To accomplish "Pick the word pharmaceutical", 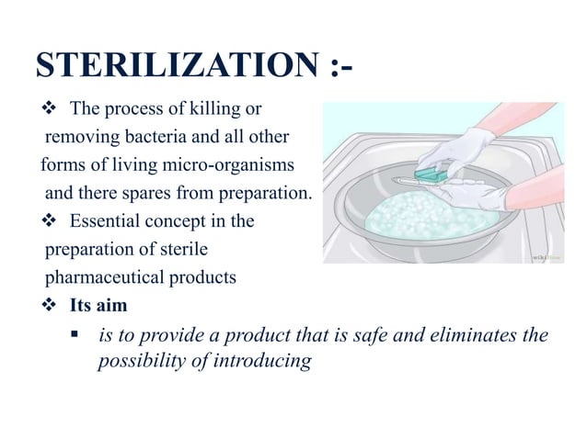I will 98,277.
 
